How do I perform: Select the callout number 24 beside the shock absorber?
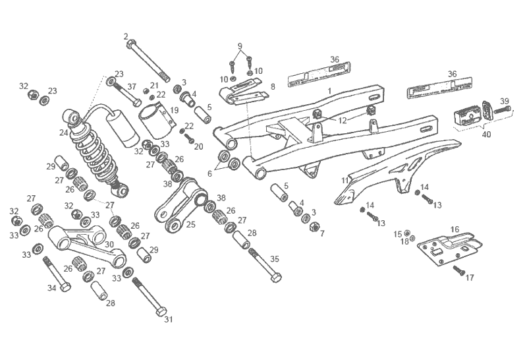tap(64, 133)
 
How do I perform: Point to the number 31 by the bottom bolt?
tap(168, 320)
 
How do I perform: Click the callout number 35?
tap(274, 259)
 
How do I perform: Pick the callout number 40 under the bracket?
tap(487, 135)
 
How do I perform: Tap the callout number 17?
tap(470, 278)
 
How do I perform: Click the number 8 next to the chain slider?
tap(272, 86)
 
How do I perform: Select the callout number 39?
tap(505, 101)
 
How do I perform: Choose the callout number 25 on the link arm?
tap(190, 224)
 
